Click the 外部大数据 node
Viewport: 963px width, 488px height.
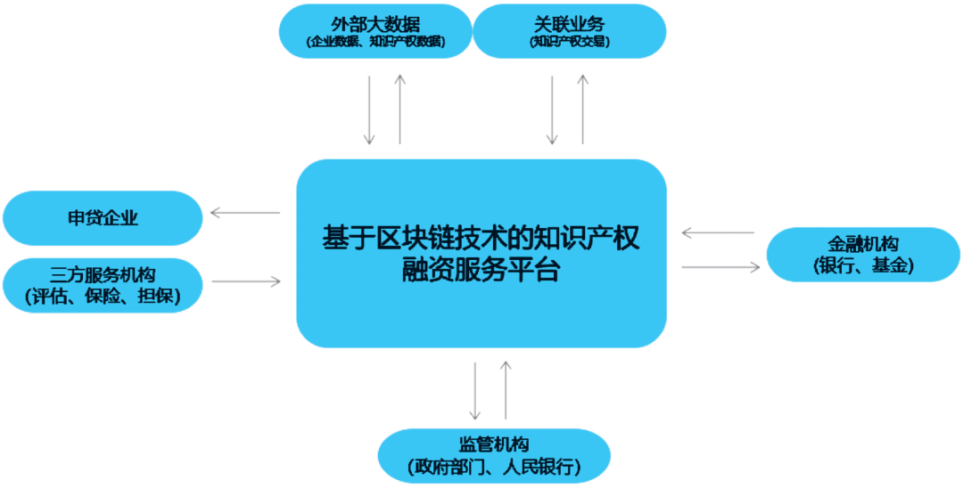pyautogui.click(x=374, y=30)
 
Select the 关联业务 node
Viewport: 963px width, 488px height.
pyautogui.click(x=569, y=30)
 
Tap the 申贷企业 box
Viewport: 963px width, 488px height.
pyautogui.click(x=103, y=218)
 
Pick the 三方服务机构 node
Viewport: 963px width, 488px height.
pyautogui.click(x=103, y=283)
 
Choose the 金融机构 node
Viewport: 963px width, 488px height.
pyautogui.click(x=862, y=255)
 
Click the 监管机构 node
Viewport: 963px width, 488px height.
pyautogui.click(x=494, y=455)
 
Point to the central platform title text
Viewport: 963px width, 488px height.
pyautogui.click(x=481, y=253)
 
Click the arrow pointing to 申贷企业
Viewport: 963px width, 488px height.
pyautogui.click(x=244, y=213)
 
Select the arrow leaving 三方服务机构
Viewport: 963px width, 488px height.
pyautogui.click(x=246, y=282)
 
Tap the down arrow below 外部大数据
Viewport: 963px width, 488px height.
pyautogui.click(x=369, y=110)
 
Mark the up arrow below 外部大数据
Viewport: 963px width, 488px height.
pyautogui.click(x=399, y=110)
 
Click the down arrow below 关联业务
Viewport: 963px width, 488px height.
pyautogui.click(x=552, y=110)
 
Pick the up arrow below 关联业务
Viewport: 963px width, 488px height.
pyautogui.click(x=583, y=110)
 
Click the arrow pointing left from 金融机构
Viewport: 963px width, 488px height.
pyautogui.click(x=718, y=233)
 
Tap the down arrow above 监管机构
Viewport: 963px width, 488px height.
pyautogui.click(x=475, y=390)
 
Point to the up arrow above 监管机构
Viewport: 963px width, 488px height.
pyautogui.click(x=506, y=390)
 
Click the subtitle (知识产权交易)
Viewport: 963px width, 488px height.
pyautogui.click(x=569, y=42)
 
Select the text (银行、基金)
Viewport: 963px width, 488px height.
pyautogui.click(x=862, y=266)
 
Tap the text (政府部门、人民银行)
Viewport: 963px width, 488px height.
pyautogui.click(x=494, y=467)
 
